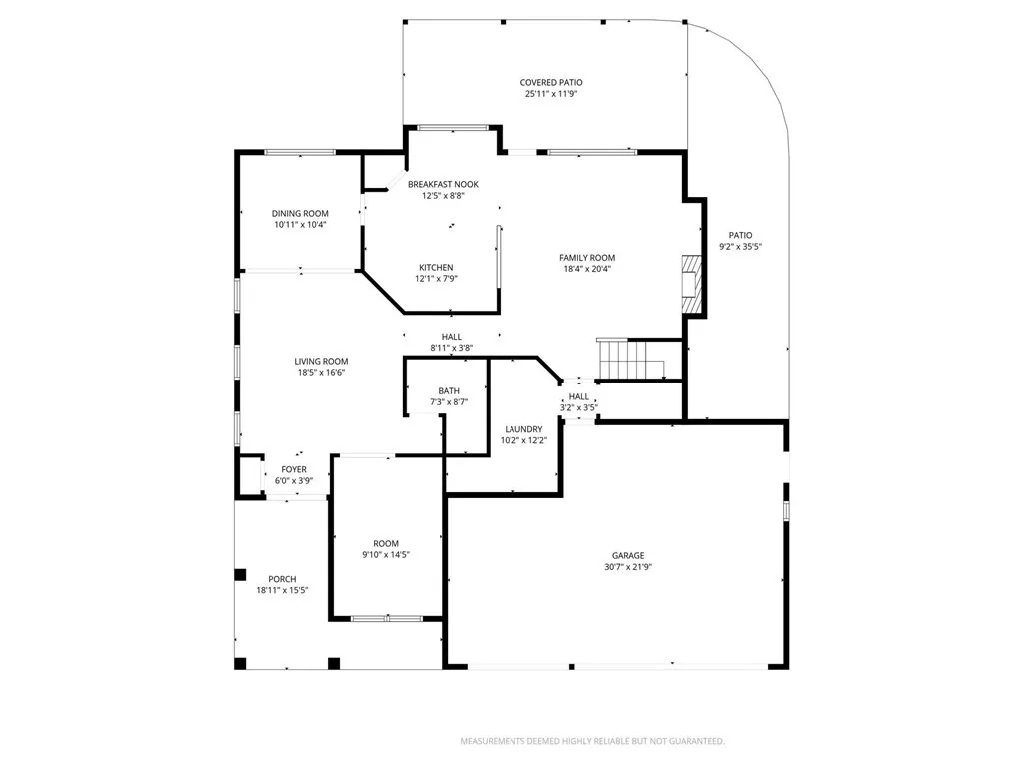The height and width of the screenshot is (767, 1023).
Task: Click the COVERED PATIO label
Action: click(x=550, y=83)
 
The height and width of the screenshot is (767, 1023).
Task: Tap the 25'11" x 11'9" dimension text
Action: click(x=550, y=94)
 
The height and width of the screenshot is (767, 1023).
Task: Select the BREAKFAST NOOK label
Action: click(x=443, y=185)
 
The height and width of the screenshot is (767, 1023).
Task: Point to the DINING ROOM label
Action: click(x=300, y=213)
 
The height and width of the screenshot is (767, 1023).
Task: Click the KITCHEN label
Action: click(x=436, y=267)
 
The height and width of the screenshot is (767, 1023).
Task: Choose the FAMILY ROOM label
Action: click(x=586, y=257)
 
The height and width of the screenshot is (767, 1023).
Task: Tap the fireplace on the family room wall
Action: click(x=692, y=284)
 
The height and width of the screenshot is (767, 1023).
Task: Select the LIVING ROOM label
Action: click(x=321, y=361)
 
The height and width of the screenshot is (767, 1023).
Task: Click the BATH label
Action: click(x=448, y=390)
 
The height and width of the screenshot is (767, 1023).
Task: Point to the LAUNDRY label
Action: click(x=523, y=429)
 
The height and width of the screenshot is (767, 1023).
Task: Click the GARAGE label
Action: click(x=628, y=555)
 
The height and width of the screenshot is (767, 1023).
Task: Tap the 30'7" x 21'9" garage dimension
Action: click(x=628, y=566)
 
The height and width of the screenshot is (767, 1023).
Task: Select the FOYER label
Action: click(x=293, y=469)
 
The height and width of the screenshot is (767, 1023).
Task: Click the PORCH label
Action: click(x=282, y=579)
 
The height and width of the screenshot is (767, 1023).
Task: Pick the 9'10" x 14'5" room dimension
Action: click(x=385, y=554)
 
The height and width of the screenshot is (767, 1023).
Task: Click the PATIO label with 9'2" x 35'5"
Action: click(x=740, y=235)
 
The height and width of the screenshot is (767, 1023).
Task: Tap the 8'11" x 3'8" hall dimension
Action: click(x=451, y=348)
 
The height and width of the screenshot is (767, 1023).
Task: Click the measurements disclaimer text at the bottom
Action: click(x=591, y=741)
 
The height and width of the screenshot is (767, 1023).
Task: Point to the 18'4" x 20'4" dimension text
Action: click(x=586, y=268)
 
